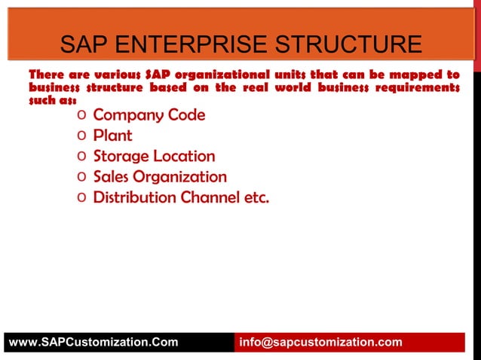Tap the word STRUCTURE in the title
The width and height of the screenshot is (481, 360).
pos(346,44)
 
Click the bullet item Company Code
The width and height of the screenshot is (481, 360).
pos(149,115)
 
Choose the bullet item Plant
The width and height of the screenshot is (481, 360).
pos(112,136)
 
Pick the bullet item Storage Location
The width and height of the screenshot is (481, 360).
pos(154,157)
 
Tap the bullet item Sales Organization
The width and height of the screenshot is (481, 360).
pos(160,177)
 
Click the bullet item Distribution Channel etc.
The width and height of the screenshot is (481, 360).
pos(181,197)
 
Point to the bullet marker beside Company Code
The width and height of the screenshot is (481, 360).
pos(81,116)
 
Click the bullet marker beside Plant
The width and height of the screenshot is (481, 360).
pos(81,136)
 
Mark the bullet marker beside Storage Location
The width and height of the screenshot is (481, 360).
pos(81,157)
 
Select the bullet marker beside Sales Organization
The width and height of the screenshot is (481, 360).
pos(81,178)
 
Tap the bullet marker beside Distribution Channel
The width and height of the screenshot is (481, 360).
pos(81,198)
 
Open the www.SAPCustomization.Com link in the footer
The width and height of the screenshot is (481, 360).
pos(93,342)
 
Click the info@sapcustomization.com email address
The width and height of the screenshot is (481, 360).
pos(320,342)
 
